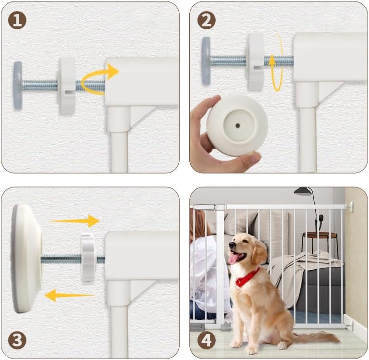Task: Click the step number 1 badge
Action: point(17,21)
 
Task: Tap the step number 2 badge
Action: point(207,21)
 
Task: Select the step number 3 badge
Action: point(17,340)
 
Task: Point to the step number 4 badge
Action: point(207,340)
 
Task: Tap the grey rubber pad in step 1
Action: point(18,86)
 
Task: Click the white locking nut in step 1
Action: point(67,87)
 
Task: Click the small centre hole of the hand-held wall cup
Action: point(238,126)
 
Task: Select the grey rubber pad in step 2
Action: point(206,61)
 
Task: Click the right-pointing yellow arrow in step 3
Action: point(75,221)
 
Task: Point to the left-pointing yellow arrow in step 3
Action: point(69,295)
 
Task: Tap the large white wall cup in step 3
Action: point(26,259)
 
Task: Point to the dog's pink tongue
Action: point(233,259)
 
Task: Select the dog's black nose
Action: point(232,245)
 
